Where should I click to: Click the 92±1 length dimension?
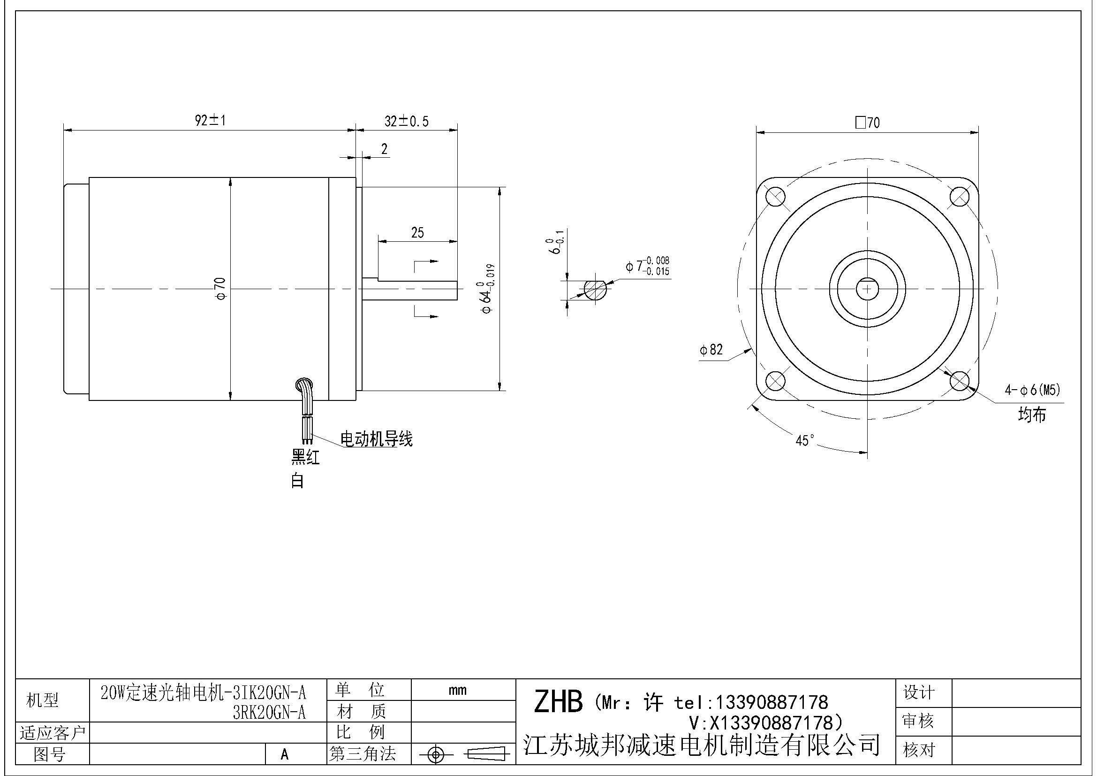210,120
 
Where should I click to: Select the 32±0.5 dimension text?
407,122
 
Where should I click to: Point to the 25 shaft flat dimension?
417,233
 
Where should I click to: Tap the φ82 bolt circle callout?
711,350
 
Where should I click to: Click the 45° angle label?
805,440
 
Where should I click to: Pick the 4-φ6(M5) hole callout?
1032,390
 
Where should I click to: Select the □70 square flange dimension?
867,123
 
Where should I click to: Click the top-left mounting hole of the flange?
775,197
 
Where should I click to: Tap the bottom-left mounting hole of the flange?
775,381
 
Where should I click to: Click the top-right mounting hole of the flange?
960,197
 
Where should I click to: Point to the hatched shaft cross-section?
595,289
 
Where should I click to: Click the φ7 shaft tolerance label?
648,266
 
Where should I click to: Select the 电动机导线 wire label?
376,439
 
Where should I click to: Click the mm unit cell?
457,690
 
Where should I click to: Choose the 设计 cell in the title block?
918,692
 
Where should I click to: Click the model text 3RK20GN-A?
269,713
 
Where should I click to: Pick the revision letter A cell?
285,754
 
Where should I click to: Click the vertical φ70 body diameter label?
221,289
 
